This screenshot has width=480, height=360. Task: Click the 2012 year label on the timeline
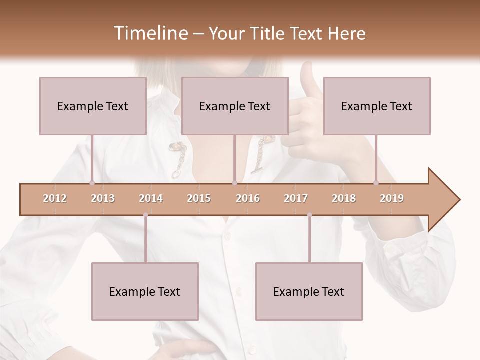(55, 198)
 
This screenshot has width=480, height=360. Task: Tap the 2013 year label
(103, 198)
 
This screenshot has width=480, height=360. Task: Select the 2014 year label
(151, 198)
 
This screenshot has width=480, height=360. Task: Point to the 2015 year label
(199, 198)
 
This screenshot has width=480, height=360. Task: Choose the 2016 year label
(248, 198)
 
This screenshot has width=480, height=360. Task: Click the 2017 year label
(296, 198)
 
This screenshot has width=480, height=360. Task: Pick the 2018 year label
(344, 198)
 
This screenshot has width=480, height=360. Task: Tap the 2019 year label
(392, 198)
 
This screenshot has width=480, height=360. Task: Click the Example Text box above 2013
(93, 106)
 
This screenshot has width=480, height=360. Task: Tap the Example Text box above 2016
(235, 106)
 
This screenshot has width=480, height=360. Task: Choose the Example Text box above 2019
(377, 106)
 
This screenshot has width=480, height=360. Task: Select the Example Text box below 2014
(145, 291)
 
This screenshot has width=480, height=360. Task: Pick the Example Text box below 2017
(309, 291)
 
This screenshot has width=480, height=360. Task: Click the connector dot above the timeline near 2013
(92, 183)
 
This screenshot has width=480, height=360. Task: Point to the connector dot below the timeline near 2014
(145, 215)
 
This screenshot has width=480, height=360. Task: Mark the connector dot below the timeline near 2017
(309, 215)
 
